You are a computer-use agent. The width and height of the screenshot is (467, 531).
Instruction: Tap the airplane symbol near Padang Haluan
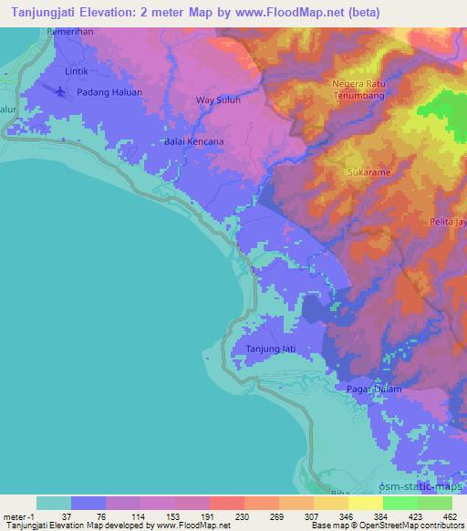tap(60, 91)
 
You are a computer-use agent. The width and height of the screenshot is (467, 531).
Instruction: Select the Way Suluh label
tap(219, 101)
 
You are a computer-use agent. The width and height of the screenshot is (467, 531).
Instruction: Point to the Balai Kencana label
tap(193, 142)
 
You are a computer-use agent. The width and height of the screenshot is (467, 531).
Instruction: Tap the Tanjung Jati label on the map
tap(270, 349)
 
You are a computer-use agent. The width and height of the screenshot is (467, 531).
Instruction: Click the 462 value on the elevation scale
tap(450, 515)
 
